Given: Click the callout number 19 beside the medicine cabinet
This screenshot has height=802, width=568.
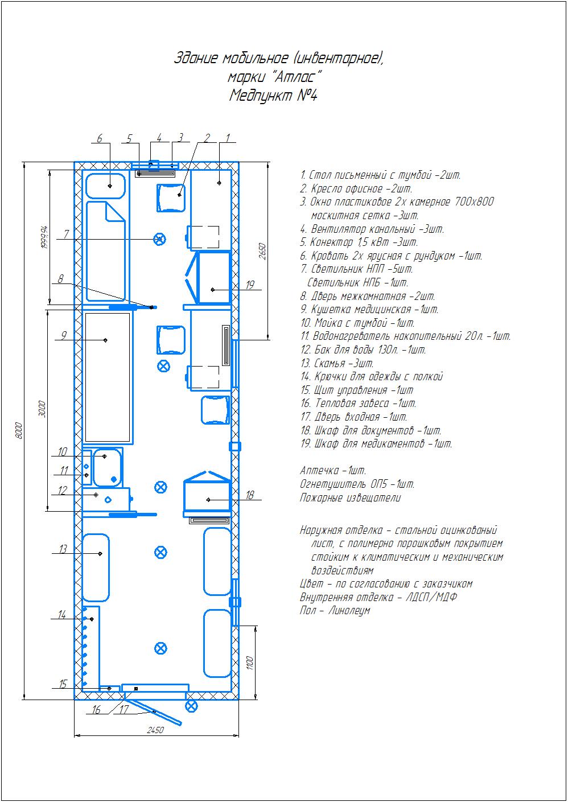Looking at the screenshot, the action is click(250, 285).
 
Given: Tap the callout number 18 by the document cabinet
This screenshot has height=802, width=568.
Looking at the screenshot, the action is click(250, 495).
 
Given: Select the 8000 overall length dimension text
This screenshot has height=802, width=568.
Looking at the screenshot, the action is click(19, 430).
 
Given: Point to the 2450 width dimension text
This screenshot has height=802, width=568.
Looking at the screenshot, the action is click(155, 730).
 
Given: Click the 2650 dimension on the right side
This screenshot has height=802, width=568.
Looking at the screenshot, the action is click(262, 252).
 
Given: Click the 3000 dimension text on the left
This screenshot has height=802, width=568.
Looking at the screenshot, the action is click(42, 409).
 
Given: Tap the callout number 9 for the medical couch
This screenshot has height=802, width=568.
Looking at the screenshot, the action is click(64, 335).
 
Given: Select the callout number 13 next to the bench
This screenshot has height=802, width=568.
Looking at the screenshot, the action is click(63, 549).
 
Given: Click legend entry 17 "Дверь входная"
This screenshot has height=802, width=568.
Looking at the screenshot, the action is click(353, 417).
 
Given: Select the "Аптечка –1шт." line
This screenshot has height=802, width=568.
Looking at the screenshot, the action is click(333, 470).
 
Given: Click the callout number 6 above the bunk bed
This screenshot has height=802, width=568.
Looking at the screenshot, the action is click(100, 138).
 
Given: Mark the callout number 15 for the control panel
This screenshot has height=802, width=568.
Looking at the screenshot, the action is click(63, 684).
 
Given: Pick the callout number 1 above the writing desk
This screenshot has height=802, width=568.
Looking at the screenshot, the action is click(228, 138).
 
